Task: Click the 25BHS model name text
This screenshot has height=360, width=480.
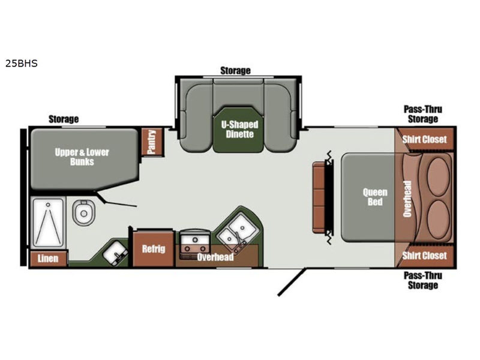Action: pos(22,64)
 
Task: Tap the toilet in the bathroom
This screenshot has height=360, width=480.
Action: pos(83,212)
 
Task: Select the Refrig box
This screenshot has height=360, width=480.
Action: pos(154,248)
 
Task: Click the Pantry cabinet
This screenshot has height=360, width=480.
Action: pos(152,142)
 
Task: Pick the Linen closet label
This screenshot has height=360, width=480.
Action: pos(48,259)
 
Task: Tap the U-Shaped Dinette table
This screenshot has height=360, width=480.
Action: pos(238,130)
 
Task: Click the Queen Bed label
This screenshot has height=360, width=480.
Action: pos(375,197)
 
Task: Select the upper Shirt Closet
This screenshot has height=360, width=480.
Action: pos(424,139)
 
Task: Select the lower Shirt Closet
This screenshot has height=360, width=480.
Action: pos(424,256)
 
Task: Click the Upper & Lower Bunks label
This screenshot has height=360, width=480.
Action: pos(82,157)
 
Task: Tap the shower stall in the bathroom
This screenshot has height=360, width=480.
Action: pos(48,222)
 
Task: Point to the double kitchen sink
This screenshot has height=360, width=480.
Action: pos(236,230)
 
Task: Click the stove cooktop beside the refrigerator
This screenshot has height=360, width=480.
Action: pos(194,241)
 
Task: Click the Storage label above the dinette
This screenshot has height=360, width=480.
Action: pos(235,71)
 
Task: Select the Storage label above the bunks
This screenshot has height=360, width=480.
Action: pos(64,119)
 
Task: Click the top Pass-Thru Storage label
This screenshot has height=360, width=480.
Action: pos(423,114)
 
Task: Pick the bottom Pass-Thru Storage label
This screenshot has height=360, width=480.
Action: pos(423,280)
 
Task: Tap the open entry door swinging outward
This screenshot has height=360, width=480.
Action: pos(292,282)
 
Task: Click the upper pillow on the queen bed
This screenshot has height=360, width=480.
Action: pos(438,176)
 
